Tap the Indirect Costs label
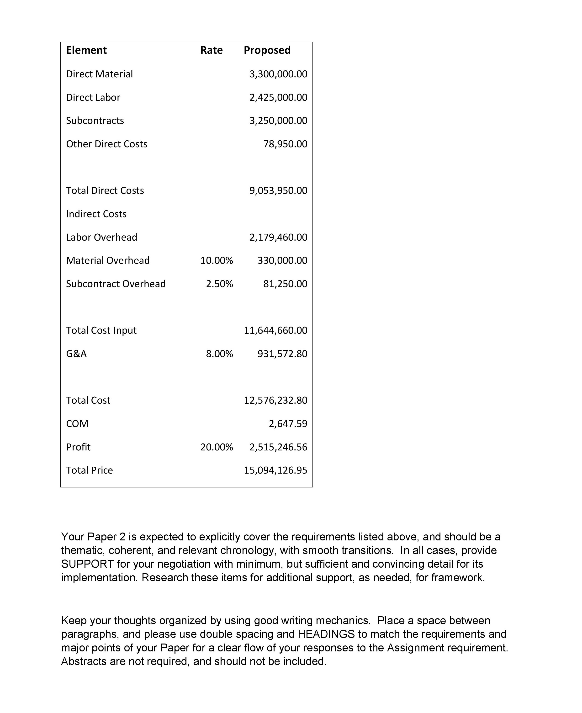(96, 214)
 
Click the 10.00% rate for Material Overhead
(216, 260)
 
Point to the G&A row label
(76, 354)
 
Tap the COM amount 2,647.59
(288, 424)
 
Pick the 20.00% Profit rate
(216, 447)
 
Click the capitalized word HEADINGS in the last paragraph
(326, 634)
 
